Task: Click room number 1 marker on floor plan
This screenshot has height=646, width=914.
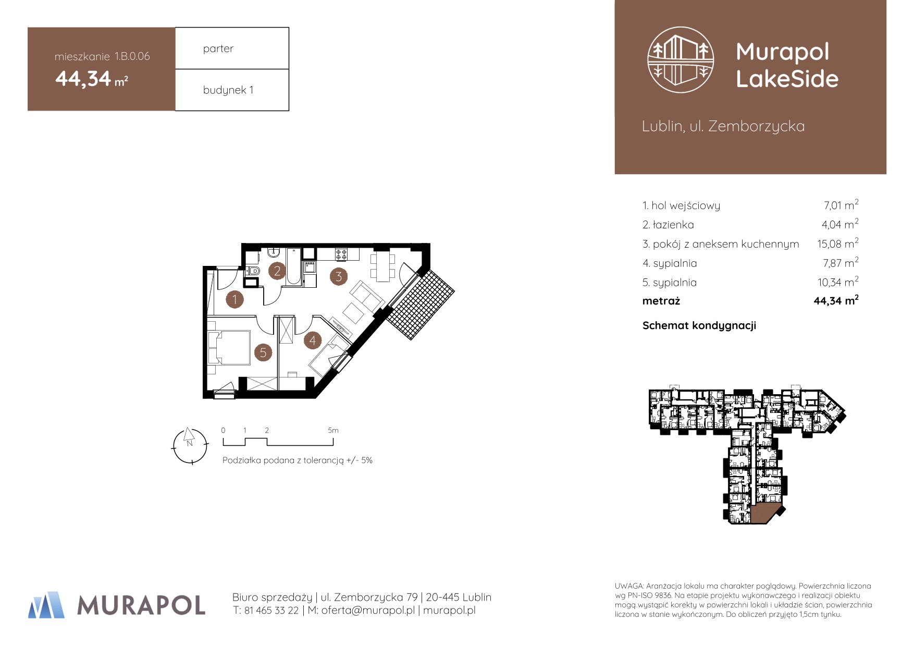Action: [234, 299]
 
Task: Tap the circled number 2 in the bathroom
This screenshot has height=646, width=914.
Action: [277, 271]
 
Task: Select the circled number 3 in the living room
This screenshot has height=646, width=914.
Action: [339, 276]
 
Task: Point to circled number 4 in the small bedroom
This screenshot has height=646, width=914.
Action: [313, 340]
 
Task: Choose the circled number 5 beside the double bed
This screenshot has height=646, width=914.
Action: [263, 352]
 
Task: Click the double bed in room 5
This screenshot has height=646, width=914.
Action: [229, 347]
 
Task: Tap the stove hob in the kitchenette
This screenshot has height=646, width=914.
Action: [341, 254]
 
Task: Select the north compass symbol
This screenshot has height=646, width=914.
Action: [190, 446]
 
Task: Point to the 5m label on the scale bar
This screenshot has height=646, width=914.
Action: [333, 430]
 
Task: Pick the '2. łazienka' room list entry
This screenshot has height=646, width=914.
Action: [668, 225]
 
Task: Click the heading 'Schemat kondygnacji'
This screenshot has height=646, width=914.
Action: [699, 326]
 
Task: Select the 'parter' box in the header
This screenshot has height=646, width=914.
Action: [232, 48]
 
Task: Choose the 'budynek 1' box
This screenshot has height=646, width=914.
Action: [232, 90]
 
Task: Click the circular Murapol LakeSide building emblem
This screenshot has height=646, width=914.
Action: [681, 60]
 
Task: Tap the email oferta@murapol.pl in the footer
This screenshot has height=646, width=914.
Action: [368, 611]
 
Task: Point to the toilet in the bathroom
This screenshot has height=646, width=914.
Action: [253, 271]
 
